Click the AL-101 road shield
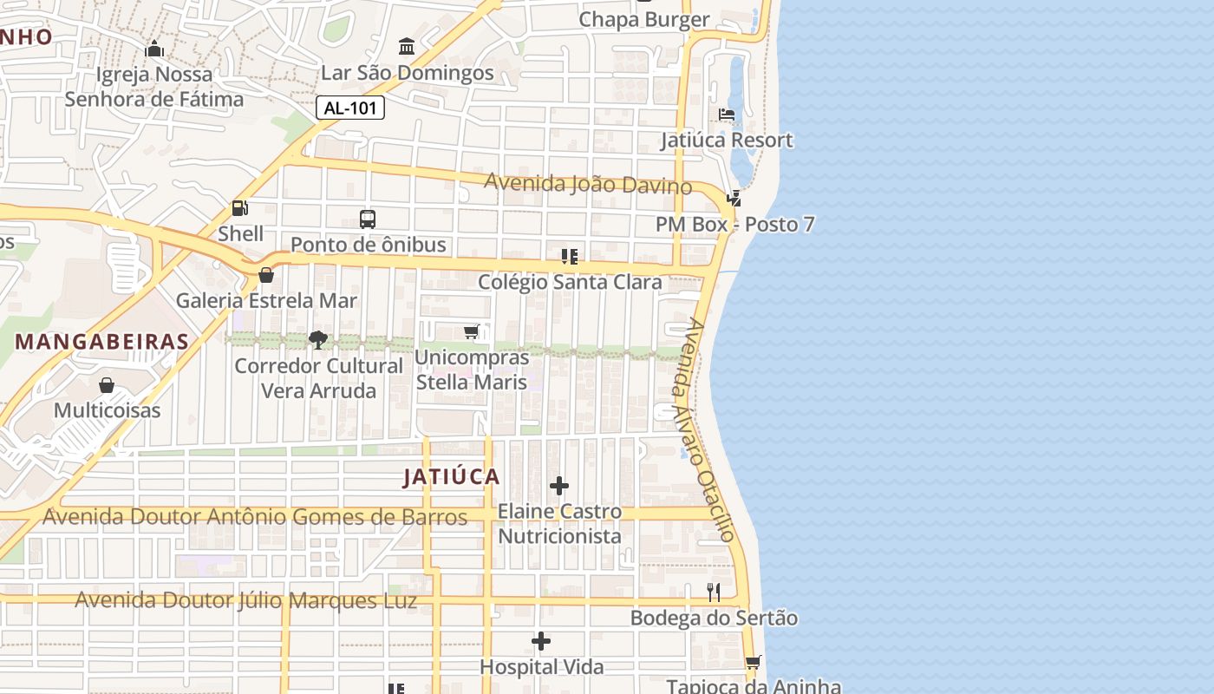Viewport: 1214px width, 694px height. [x=349, y=108]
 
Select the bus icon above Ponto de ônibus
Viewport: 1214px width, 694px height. [x=368, y=219]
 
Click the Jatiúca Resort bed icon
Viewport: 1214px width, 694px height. [x=727, y=115]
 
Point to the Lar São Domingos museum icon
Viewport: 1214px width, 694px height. [x=407, y=46]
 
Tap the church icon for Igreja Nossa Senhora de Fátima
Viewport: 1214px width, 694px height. [x=154, y=49]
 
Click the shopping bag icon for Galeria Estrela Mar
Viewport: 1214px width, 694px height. [x=266, y=275]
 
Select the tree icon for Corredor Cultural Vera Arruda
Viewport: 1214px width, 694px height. [x=318, y=340]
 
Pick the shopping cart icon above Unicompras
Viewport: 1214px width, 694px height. [x=472, y=331]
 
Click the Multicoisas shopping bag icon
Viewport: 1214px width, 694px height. [x=107, y=384]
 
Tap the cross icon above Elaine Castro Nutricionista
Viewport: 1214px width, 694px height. [x=559, y=486]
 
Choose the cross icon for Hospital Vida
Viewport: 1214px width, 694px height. [x=541, y=641]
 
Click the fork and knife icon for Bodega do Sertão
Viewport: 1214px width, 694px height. [x=713, y=593]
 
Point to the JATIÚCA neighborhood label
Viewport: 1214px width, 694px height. [x=452, y=476]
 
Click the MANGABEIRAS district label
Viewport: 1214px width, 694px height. [x=102, y=342]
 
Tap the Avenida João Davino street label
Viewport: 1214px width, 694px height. [x=588, y=184]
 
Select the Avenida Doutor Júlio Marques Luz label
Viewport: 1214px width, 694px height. [x=245, y=600]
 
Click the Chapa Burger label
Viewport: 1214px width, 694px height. [x=643, y=19]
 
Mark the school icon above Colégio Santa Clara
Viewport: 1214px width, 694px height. [x=569, y=256]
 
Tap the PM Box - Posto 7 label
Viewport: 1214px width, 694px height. [x=734, y=224]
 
